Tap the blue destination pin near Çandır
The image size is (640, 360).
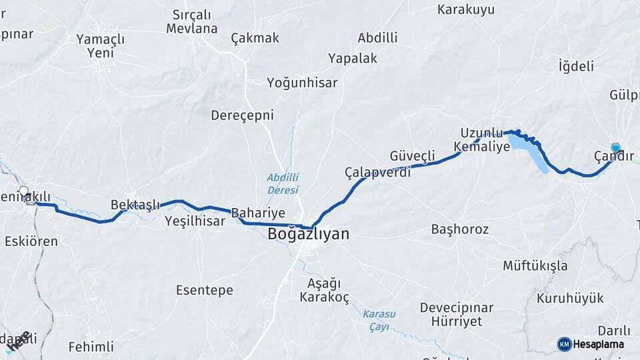pyautogui.click(x=615, y=148)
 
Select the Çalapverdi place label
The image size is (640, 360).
pyautogui.click(x=377, y=172)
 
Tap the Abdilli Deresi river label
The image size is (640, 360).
pyautogui.click(x=283, y=183)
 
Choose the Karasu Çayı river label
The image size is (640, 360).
pyautogui.click(x=379, y=319)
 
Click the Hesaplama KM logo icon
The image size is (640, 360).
pyautogui.click(x=564, y=344)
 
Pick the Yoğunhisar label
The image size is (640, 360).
pyautogui.click(x=302, y=83)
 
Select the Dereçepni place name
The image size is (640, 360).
pyautogui.click(x=243, y=115)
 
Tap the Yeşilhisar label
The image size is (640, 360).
pyautogui.click(x=195, y=221)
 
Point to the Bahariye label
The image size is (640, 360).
pyautogui.click(x=258, y=213)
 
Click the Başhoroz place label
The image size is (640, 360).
pyautogui.click(x=460, y=229)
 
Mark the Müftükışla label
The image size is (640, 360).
pyautogui.click(x=535, y=266)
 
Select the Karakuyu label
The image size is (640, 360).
pyautogui.click(x=466, y=9)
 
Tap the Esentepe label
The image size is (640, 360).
pyautogui.click(x=205, y=290)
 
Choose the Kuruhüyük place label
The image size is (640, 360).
pyautogui.click(x=570, y=298)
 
